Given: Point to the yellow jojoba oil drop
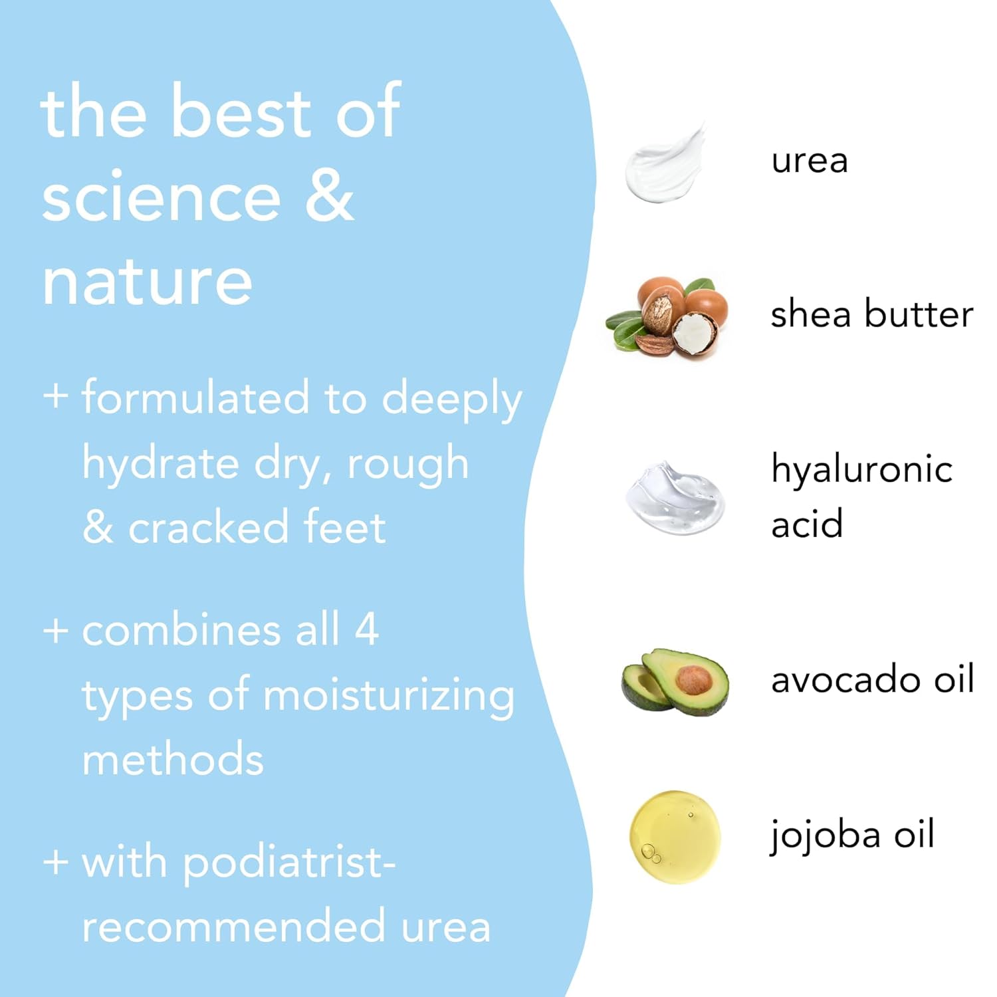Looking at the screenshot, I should pyautogui.click(x=675, y=837).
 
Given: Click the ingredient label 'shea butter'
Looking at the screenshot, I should pyautogui.click(x=871, y=314).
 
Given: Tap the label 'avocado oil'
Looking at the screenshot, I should pyautogui.click(x=872, y=680).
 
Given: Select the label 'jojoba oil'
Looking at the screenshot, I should pyautogui.click(x=852, y=835).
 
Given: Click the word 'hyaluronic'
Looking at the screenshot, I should pyautogui.click(x=861, y=469).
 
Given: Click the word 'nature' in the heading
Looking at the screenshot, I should pyautogui.click(x=147, y=282).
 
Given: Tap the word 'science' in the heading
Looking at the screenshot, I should pyautogui.click(x=162, y=197).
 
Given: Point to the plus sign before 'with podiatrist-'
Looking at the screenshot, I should pyautogui.click(x=56, y=861).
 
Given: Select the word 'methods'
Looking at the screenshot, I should pyautogui.click(x=173, y=760).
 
